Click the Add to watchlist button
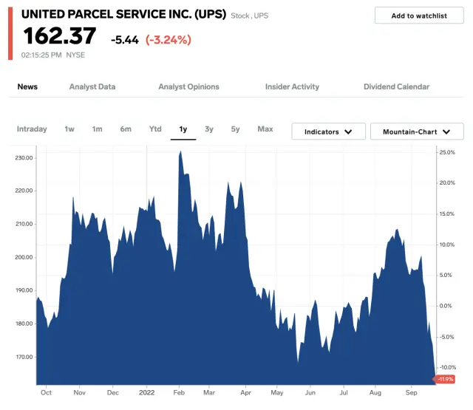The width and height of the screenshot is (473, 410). coord(419,16)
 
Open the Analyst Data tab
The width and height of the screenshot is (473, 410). coord(92,86)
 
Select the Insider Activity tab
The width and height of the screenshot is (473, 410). coord(292,86)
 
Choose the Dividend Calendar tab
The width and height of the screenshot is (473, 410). coord(396,86)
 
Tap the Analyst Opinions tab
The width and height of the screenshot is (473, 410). coord(188,86)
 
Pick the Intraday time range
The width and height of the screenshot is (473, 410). coord(32,129)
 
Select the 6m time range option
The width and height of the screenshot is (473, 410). coord(126,129)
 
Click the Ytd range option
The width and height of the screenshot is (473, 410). coord(155,129)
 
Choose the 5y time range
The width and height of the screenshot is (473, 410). coord(235,129)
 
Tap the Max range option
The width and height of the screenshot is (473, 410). coord(265,129)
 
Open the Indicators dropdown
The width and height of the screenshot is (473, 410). coord(328,131)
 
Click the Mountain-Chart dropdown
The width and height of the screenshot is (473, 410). coord(417,131)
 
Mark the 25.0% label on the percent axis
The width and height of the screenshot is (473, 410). coord(447,152)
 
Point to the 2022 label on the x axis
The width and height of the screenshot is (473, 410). coord(146,392)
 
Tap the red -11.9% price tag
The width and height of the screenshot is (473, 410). coord(446,379)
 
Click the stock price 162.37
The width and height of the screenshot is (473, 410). coord(60,36)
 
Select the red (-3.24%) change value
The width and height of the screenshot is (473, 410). coord(169,39)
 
